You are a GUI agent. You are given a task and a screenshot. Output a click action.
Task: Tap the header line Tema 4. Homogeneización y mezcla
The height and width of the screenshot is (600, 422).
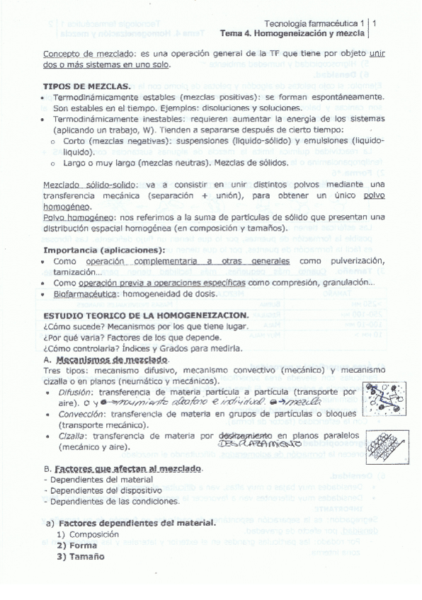coord(293,33)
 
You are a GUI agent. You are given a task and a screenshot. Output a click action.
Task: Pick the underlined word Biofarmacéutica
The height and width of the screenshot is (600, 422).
coord(87,293)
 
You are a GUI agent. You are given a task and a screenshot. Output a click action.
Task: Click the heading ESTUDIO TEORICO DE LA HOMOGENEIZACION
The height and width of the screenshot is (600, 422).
coord(145,314)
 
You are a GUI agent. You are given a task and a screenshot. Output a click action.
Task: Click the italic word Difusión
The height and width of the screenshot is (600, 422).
coord(76,391)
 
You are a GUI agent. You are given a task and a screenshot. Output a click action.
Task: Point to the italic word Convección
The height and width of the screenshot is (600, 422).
coord(80,415)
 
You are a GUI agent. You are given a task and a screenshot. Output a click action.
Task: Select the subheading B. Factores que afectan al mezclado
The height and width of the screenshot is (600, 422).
coord(122,469)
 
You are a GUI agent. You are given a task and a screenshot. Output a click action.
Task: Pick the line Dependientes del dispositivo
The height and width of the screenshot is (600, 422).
coord(92,490)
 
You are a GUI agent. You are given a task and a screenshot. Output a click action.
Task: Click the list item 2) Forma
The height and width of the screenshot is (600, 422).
coord(76,546)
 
